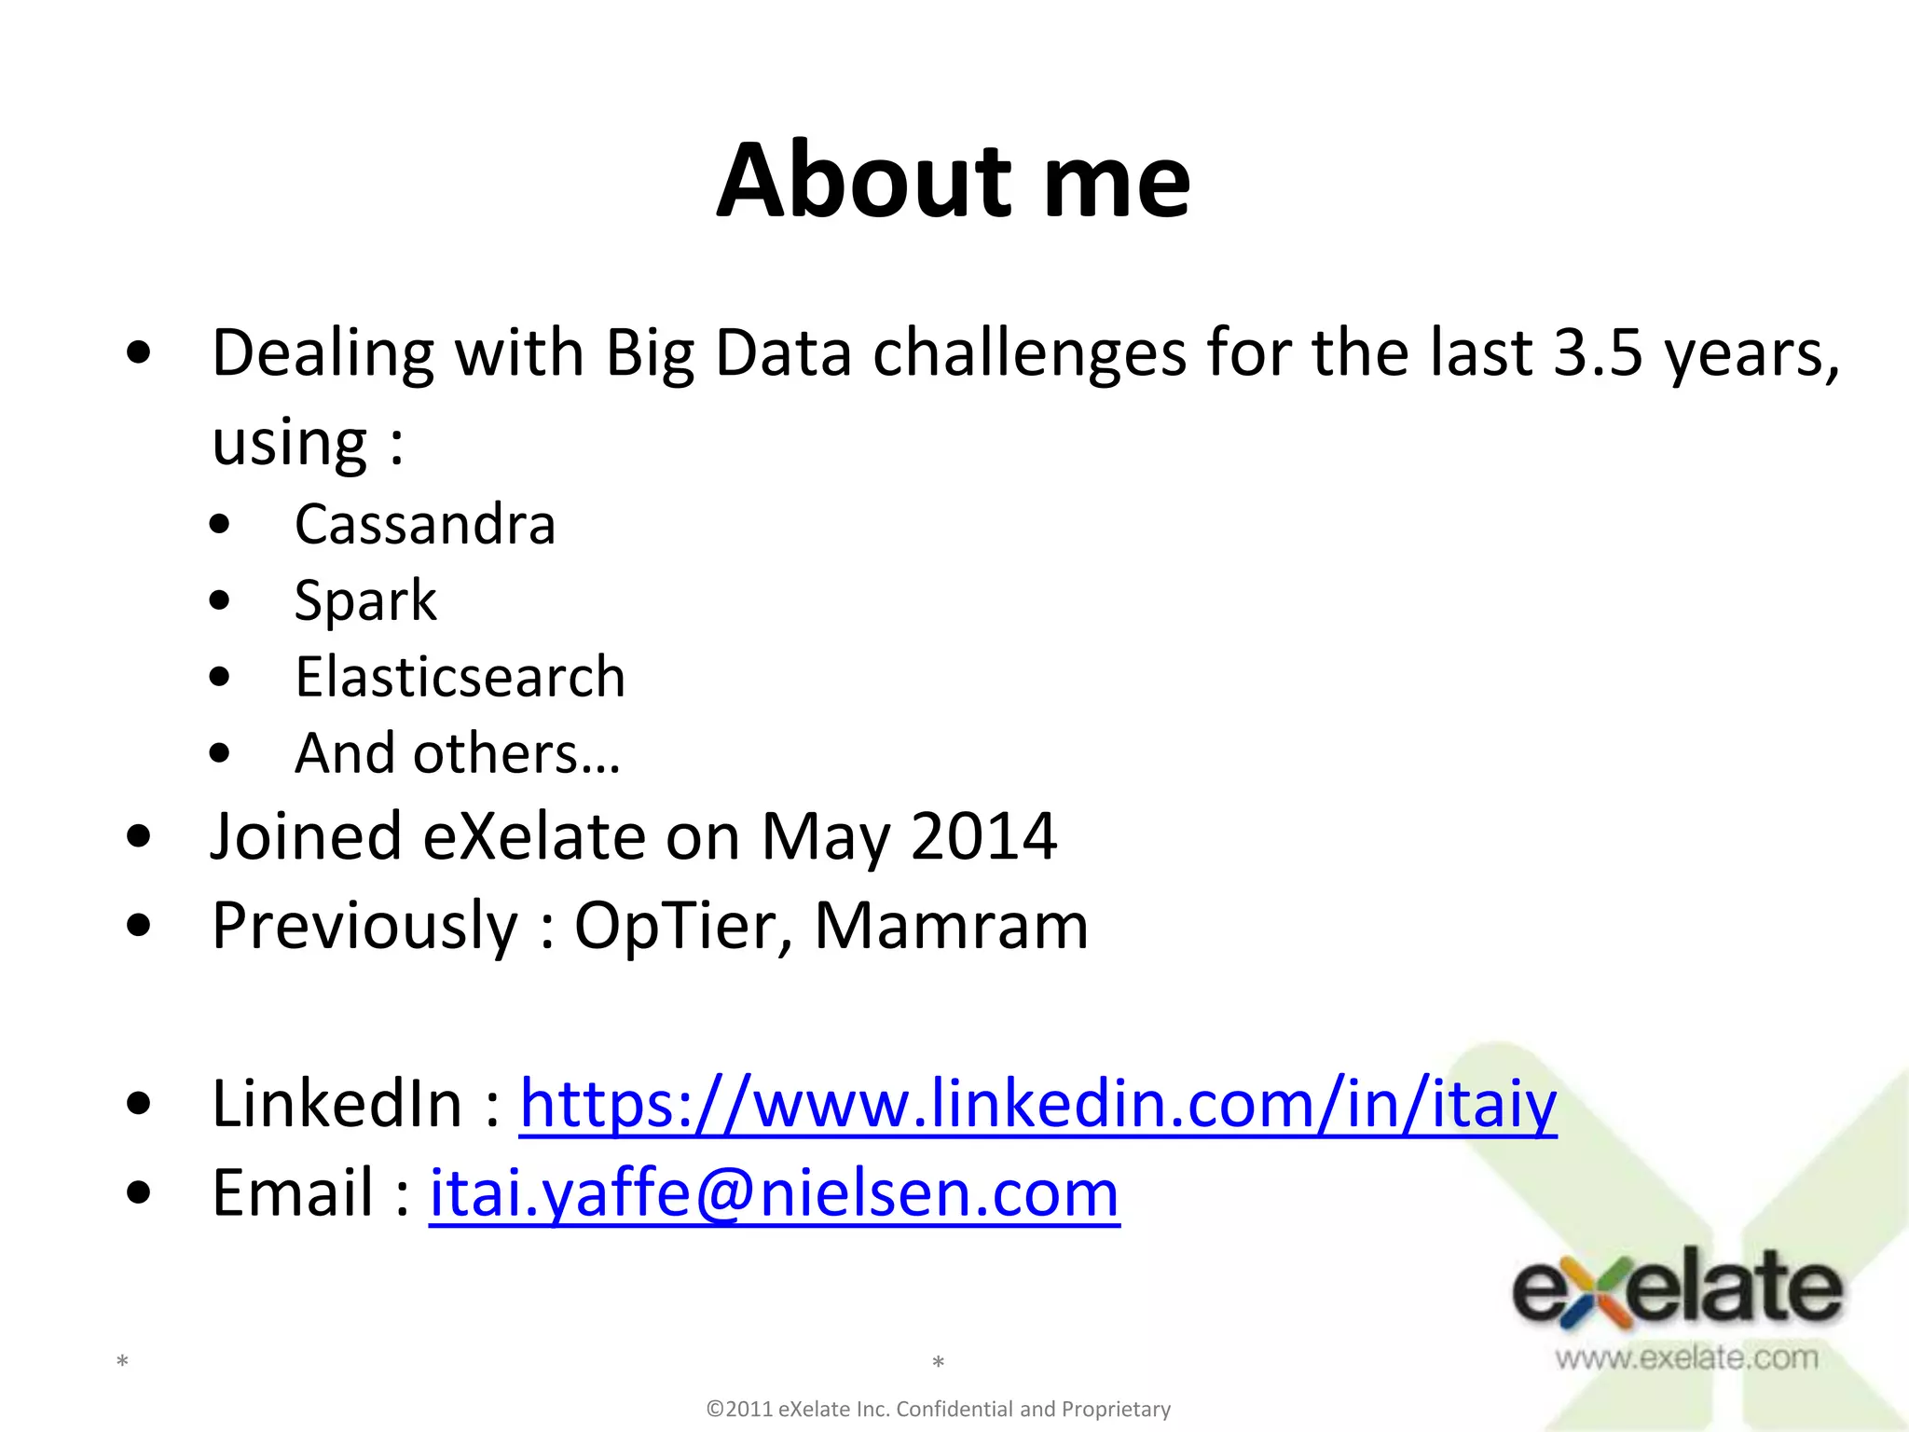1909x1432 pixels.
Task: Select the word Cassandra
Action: [425, 524]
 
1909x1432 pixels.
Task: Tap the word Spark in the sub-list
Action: [365, 600]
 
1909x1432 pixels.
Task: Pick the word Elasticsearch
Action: [460, 677]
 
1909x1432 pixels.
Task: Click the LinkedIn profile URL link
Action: [1037, 1104]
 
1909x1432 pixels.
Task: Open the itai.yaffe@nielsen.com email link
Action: [774, 1193]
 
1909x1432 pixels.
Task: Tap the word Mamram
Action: [951, 926]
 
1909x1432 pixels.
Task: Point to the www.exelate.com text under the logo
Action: [1686, 1357]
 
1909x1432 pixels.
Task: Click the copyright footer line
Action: [939, 1409]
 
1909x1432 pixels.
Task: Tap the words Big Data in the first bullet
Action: [728, 353]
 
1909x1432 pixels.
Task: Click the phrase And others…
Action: [458, 753]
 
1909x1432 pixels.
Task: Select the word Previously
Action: [364, 926]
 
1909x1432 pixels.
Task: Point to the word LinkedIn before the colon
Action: [337, 1104]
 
